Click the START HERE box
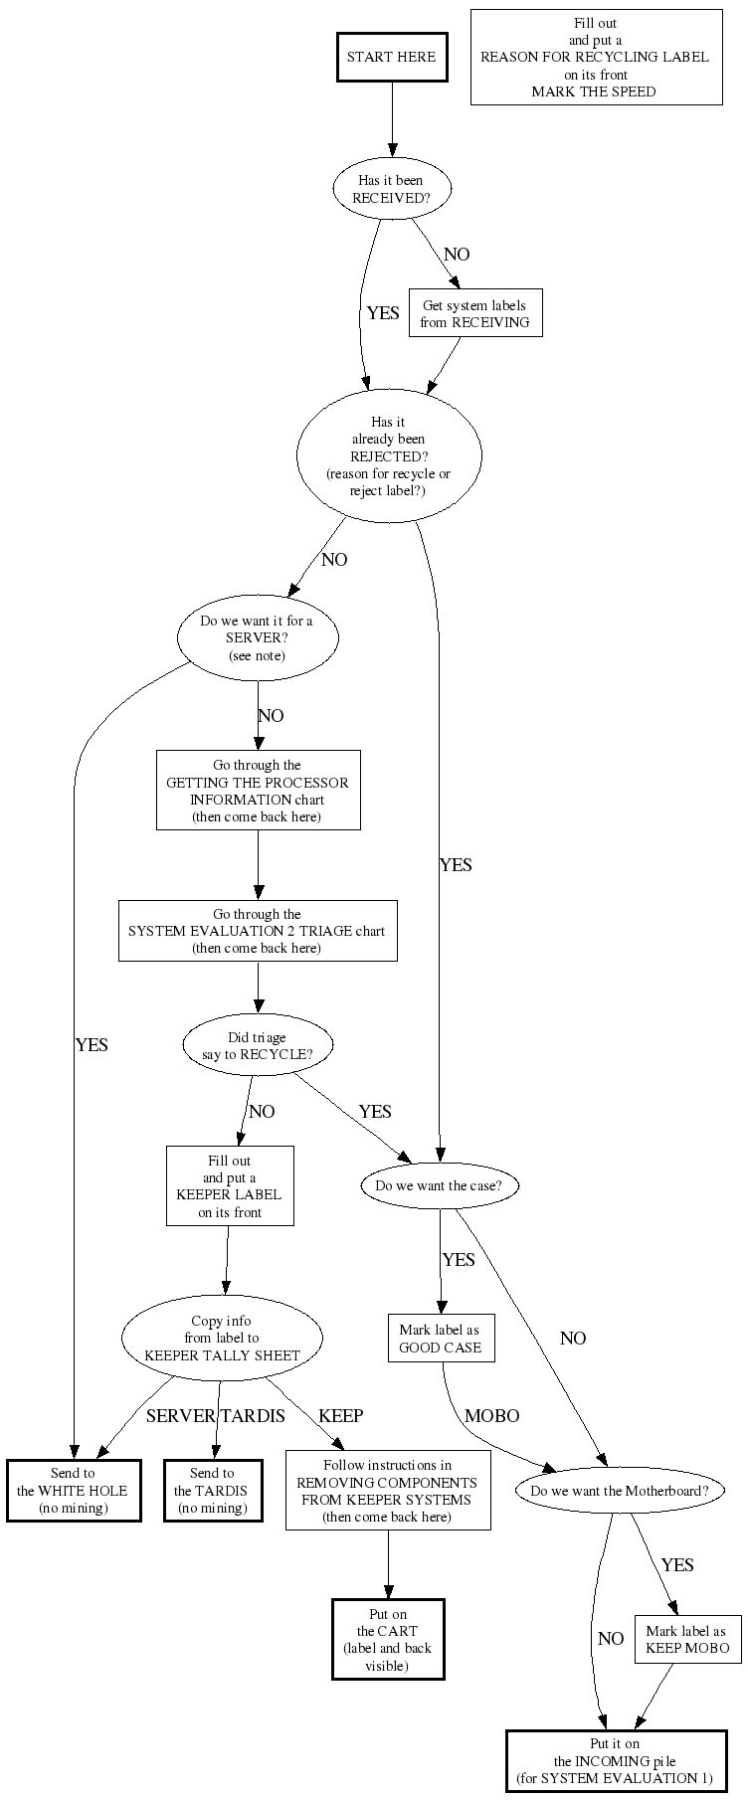point(391,58)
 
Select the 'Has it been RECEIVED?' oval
point(391,189)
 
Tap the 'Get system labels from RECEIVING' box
point(475,313)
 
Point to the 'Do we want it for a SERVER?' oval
point(257,638)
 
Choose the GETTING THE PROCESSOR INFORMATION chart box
point(258,791)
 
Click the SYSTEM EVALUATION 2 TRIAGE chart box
point(258,931)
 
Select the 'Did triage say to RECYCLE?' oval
point(258,1046)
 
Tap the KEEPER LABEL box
point(230,1186)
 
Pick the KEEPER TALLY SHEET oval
point(222,1339)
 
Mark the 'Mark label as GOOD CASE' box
point(441,1339)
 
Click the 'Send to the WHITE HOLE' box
point(73,1491)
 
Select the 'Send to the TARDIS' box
point(212,1491)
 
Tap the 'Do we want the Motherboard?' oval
point(620,1491)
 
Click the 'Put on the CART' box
point(388,1639)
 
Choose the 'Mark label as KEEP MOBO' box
point(686,1639)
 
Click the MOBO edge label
point(491,1415)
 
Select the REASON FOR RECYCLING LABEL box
point(595,58)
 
